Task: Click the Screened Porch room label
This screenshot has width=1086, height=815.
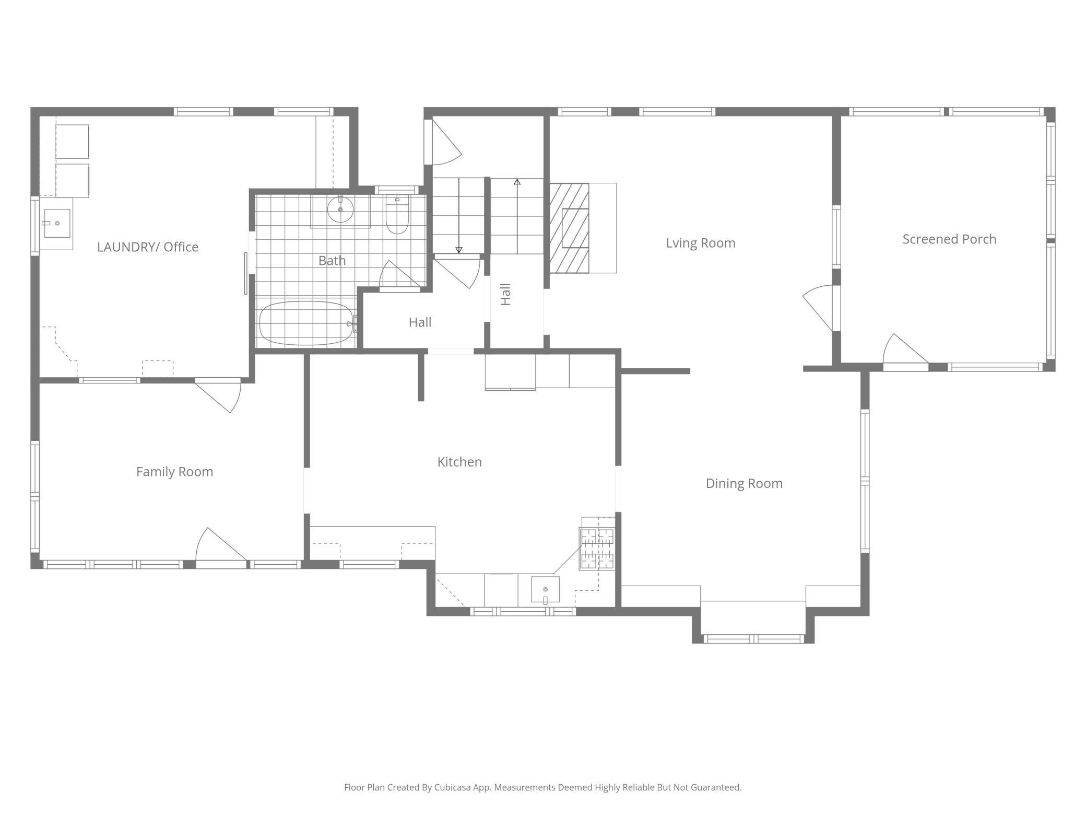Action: (949, 239)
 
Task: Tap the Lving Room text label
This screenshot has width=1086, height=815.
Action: (700, 243)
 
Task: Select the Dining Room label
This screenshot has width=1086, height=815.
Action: (744, 483)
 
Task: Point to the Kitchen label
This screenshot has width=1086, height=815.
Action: (459, 462)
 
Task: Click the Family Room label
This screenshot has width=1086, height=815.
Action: (174, 472)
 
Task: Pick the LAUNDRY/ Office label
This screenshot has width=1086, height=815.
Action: (148, 247)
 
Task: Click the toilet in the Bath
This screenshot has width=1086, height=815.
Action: (397, 217)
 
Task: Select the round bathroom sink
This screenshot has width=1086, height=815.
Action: (340, 209)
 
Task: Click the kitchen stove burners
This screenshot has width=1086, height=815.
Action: (598, 549)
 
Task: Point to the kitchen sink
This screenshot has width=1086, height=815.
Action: (545, 589)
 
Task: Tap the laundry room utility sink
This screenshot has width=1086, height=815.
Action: (56, 224)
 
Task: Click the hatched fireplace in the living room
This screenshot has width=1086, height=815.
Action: (569, 228)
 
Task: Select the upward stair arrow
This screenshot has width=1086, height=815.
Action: (517, 217)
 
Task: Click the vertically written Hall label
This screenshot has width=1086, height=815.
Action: (505, 294)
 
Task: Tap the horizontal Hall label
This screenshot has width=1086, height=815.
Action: (420, 322)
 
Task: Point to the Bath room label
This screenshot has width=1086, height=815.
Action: (332, 260)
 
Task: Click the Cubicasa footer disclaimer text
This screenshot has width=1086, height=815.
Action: (542, 787)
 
